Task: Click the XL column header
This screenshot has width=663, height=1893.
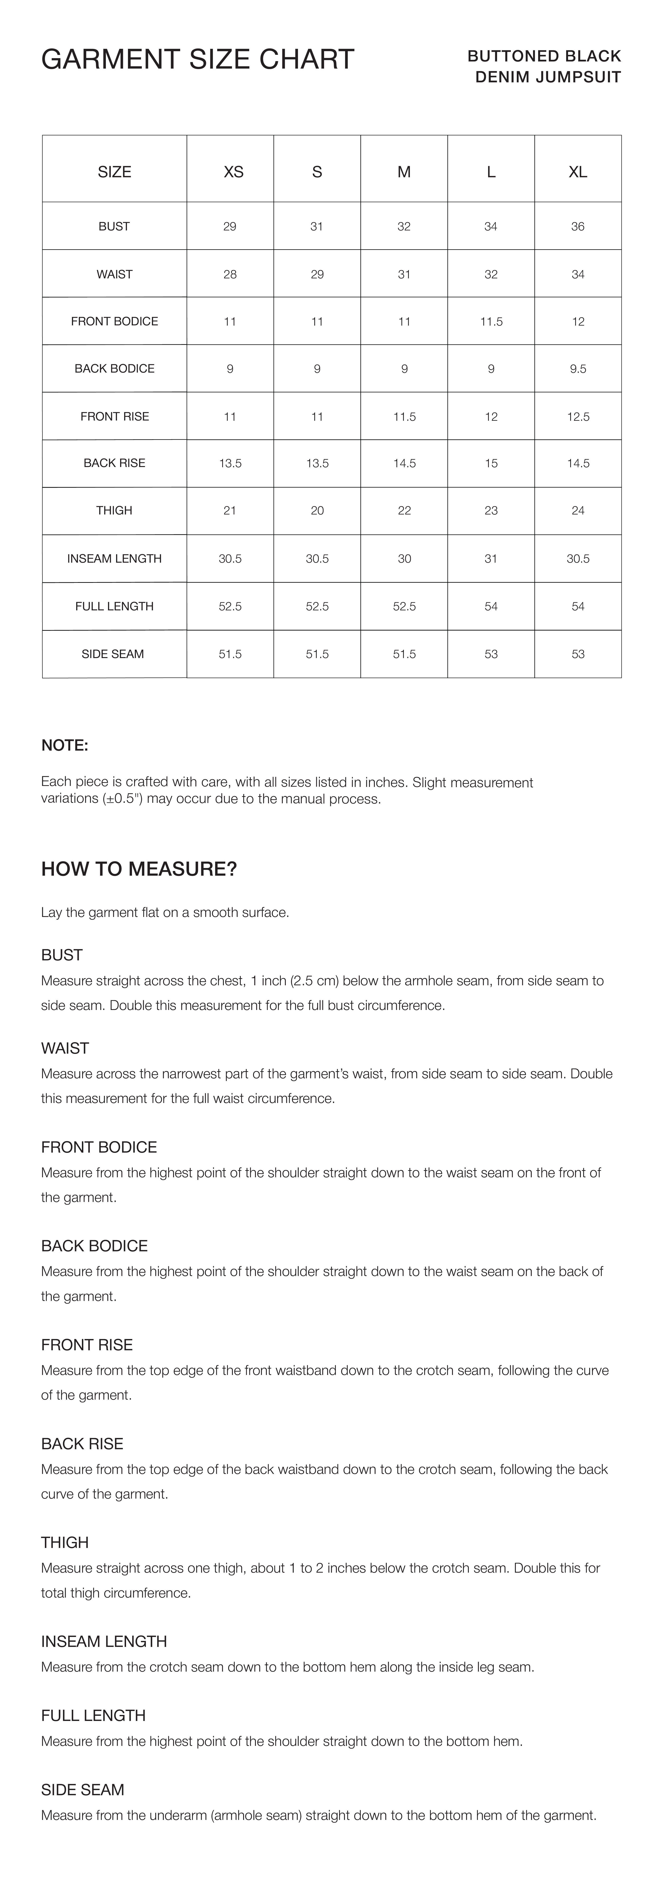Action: pyautogui.click(x=578, y=172)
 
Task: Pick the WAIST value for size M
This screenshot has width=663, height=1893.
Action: pyautogui.click(x=404, y=274)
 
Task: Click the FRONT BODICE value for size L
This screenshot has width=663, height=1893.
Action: pyautogui.click(x=491, y=321)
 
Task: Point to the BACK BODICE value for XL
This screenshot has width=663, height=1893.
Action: pyautogui.click(x=578, y=369)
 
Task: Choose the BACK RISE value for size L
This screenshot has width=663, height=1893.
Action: pyautogui.click(x=491, y=463)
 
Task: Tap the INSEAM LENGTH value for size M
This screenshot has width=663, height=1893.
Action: pyautogui.click(x=404, y=558)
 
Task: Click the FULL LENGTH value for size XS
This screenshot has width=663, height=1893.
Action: pyautogui.click(x=230, y=606)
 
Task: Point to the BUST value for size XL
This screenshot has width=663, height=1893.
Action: pyautogui.click(x=578, y=226)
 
